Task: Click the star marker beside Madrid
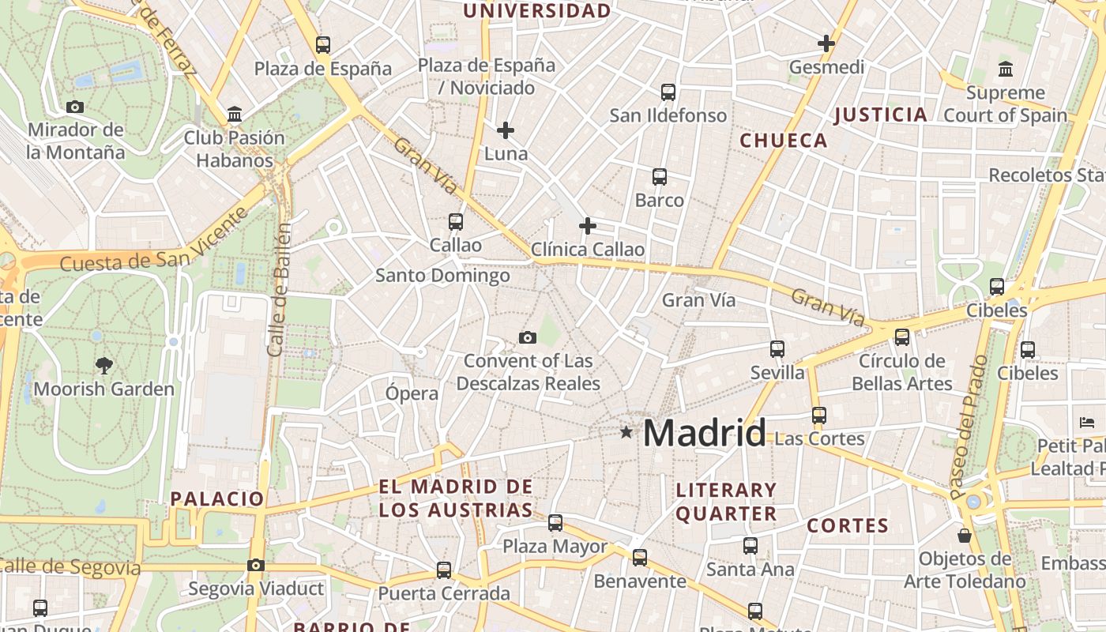click(626, 432)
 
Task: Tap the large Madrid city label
click(704, 433)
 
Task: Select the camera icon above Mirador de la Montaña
click(75, 107)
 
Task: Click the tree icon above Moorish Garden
click(103, 365)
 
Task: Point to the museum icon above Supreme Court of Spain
click(1006, 70)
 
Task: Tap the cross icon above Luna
click(506, 130)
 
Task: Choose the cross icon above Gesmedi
click(826, 43)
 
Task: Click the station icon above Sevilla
click(777, 348)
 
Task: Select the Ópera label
click(412, 393)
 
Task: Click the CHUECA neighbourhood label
click(784, 141)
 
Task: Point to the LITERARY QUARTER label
click(726, 502)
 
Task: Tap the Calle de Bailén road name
click(280, 288)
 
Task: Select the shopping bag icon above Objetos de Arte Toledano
click(965, 536)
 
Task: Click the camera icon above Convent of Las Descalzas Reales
click(528, 338)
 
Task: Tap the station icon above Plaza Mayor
click(555, 522)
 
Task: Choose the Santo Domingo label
click(442, 276)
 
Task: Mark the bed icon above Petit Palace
click(1087, 422)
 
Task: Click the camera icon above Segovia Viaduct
click(255, 565)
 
